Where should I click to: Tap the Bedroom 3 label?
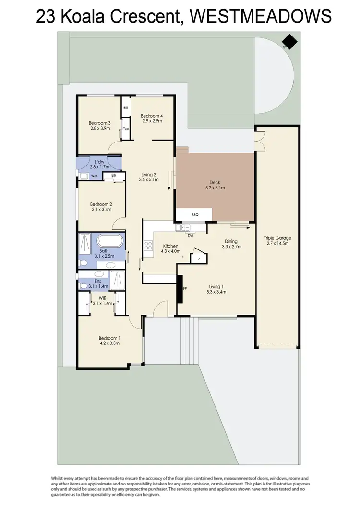[x=100, y=126]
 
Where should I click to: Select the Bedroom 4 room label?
[x=151, y=118]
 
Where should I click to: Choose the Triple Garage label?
[x=277, y=241]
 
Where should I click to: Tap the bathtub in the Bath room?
[x=110, y=241]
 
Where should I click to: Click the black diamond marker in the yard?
[x=290, y=42]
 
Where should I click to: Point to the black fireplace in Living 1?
[x=180, y=289]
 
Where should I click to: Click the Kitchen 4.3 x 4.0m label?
[x=171, y=249]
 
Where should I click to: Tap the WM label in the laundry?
[x=94, y=176]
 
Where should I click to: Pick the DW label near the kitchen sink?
[x=190, y=236]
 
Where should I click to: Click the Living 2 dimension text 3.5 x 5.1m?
[x=148, y=180]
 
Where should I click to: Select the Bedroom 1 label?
[x=109, y=340]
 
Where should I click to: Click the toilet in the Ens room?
[x=84, y=285]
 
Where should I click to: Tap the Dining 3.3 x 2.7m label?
[x=231, y=244]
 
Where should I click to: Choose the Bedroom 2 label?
[x=101, y=206]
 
